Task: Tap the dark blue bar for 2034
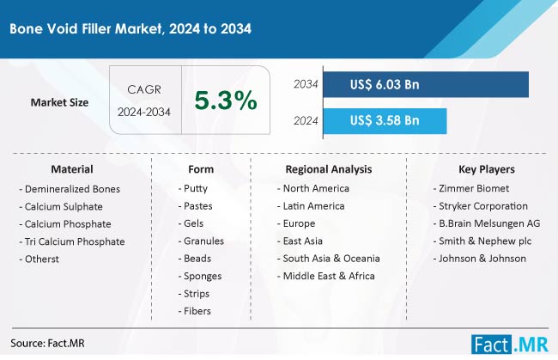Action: tap(425, 84)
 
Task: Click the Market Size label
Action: tap(61, 102)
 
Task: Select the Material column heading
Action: tap(72, 169)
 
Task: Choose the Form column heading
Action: tap(200, 169)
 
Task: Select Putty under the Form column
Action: tap(195, 188)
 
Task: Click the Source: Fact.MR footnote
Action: tap(49, 343)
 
